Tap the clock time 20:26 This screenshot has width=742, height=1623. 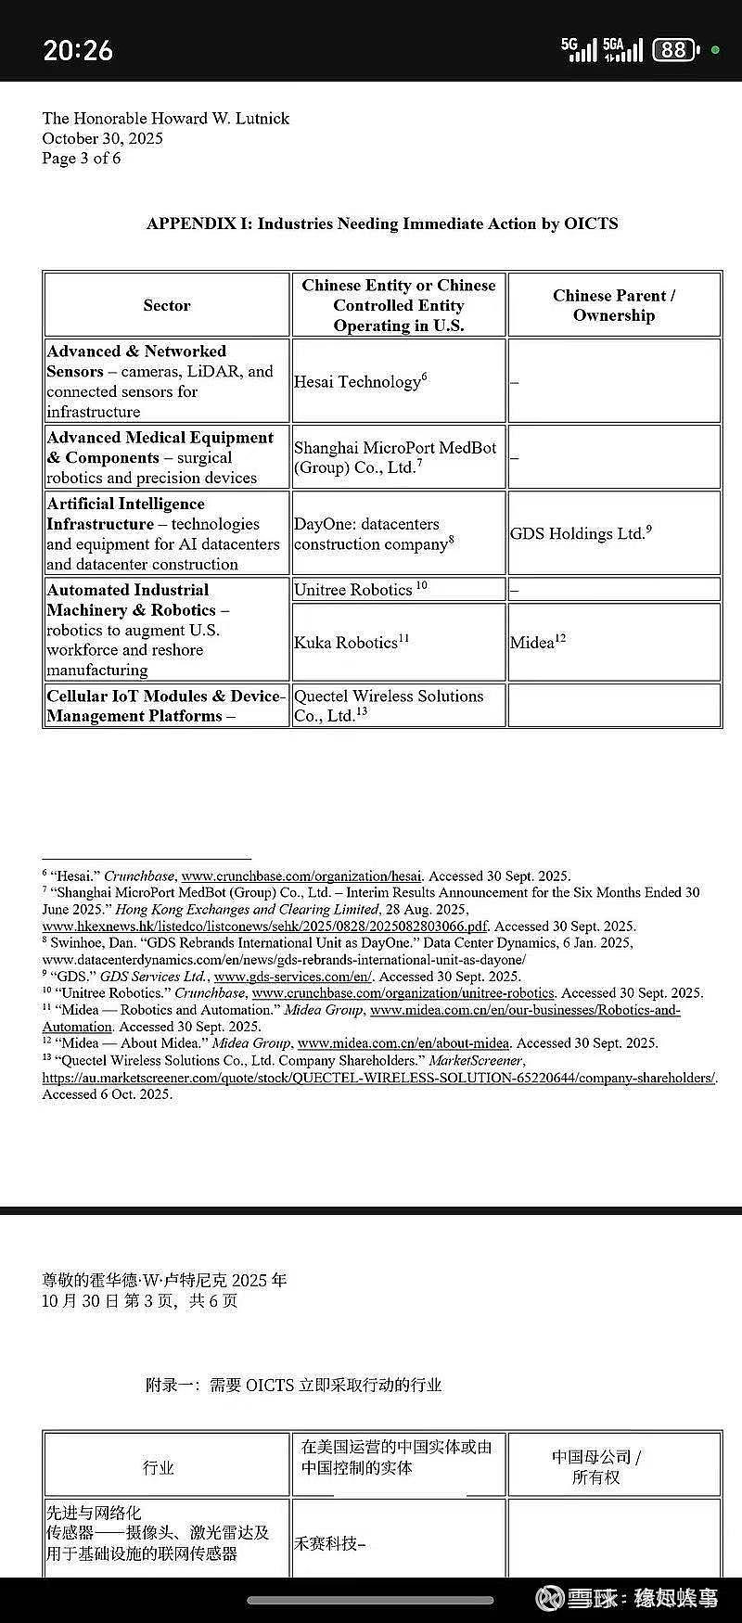point(78,49)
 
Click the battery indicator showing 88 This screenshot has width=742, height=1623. point(674,49)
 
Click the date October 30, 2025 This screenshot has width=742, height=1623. point(102,138)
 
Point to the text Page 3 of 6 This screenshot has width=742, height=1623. point(81,158)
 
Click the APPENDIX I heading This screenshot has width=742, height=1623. point(382,224)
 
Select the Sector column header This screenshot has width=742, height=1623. point(166,305)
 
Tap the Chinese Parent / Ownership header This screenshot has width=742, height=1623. point(614,305)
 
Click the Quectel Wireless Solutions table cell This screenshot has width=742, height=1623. point(389,705)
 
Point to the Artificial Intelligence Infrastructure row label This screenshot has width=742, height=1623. point(163,533)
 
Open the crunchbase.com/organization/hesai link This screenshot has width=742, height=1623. point(301,875)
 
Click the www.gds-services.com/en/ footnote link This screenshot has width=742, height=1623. point(293,976)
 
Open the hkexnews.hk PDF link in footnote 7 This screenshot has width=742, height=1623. point(264,926)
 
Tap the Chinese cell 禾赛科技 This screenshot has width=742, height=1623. point(329,1543)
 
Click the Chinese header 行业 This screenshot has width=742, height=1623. point(159,1467)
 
